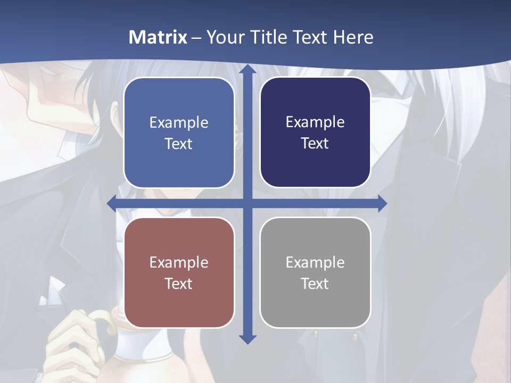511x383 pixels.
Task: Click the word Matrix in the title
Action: [x=158, y=37]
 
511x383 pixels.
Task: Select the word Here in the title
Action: [x=353, y=37]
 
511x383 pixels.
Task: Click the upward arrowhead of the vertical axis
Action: [x=247, y=69]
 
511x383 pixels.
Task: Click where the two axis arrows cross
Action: [x=247, y=203]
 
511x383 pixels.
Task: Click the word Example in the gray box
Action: [x=315, y=262]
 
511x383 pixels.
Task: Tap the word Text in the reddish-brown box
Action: [x=179, y=284]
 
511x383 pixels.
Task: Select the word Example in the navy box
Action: [x=315, y=122]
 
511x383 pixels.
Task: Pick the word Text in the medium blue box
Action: [x=179, y=144]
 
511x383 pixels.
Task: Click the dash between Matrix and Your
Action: [x=196, y=38]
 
